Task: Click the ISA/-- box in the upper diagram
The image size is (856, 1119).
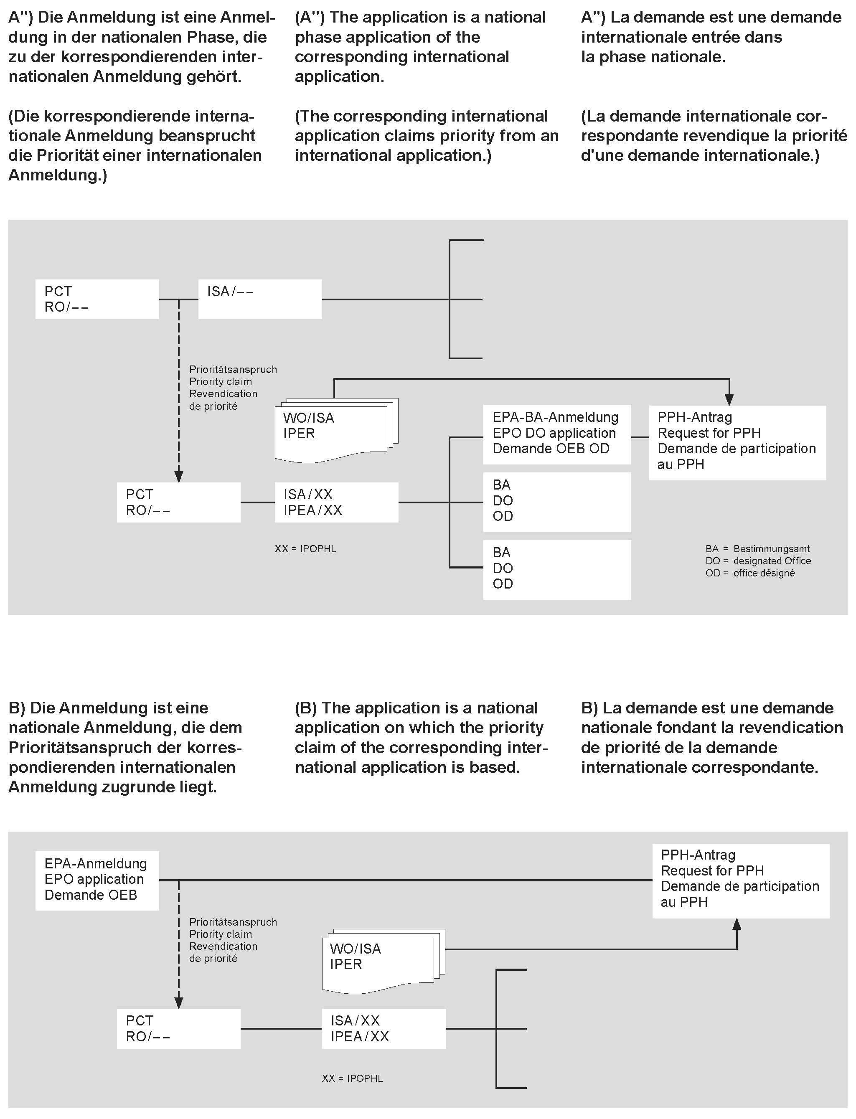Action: (260, 299)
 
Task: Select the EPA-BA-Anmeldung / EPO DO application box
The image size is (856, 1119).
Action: (556, 434)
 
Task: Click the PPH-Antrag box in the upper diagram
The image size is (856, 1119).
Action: (737, 442)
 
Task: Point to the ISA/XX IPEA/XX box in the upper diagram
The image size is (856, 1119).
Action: (336, 502)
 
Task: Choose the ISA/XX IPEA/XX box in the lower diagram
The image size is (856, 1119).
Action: (383, 1028)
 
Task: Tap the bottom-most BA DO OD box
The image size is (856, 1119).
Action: (556, 569)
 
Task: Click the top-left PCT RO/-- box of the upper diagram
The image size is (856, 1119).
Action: (97, 299)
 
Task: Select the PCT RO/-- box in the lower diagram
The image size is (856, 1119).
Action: (178, 1028)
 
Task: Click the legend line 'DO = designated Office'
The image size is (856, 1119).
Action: (758, 561)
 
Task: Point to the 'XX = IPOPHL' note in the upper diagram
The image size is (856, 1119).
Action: (305, 548)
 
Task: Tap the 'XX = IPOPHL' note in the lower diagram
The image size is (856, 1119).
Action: (352, 1078)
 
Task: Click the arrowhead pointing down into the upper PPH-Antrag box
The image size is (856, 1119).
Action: (729, 399)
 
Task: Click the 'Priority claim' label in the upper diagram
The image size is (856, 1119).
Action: (220, 381)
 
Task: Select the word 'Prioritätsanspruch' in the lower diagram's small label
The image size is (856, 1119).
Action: (233, 922)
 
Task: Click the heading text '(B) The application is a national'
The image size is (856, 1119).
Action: (416, 708)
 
